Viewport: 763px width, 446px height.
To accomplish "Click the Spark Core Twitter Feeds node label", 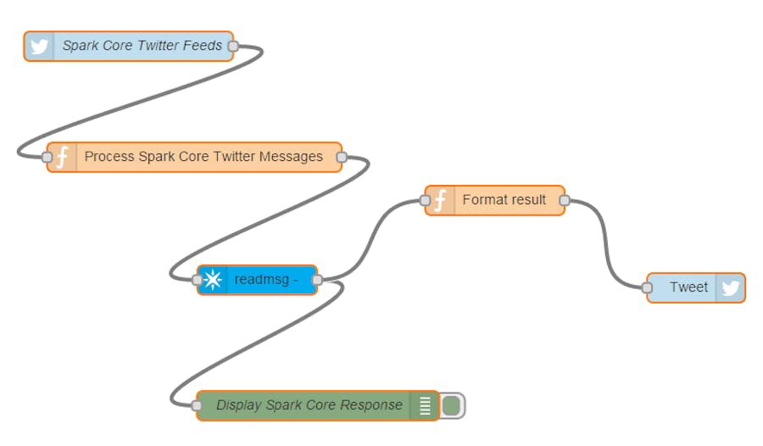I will click(142, 46).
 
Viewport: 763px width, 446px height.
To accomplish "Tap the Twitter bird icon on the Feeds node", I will click(39, 46).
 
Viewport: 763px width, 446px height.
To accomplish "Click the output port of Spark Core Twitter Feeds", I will click(233, 47).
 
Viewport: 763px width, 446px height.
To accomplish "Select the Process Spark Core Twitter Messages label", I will click(203, 157).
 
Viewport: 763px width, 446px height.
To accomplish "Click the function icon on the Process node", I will click(62, 157).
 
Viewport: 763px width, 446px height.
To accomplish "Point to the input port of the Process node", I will click(47, 157).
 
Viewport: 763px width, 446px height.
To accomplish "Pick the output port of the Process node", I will click(342, 157).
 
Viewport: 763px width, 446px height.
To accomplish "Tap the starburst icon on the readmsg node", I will click(213, 280).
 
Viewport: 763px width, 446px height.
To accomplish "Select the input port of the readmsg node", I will click(198, 280).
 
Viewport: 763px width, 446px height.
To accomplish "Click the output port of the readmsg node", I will click(317, 280).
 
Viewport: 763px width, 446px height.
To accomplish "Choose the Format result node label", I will click(504, 200).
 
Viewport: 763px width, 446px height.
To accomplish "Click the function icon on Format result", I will click(440, 200).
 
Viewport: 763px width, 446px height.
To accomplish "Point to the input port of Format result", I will click(425, 200).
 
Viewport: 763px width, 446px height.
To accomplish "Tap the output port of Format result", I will click(565, 200).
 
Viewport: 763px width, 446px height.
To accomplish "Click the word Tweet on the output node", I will click(688, 287).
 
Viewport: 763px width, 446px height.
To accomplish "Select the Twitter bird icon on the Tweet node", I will click(730, 287).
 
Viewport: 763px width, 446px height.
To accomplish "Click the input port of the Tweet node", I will click(648, 287).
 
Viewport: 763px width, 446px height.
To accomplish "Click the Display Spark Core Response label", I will click(309, 405).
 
